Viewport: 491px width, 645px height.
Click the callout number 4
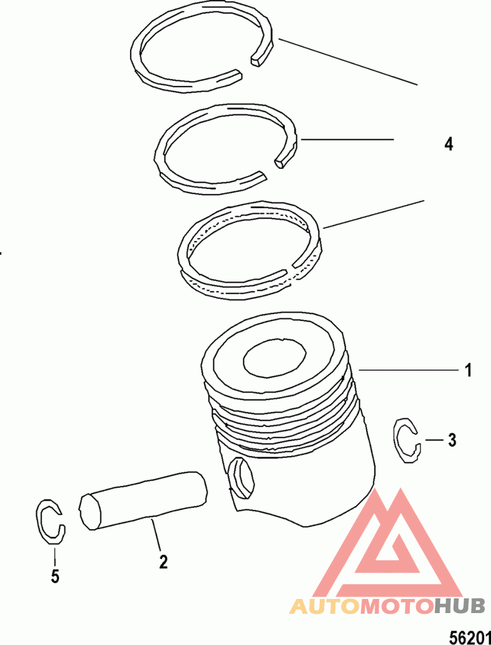coord(449,144)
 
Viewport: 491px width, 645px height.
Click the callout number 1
coord(468,370)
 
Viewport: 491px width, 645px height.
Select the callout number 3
coord(452,440)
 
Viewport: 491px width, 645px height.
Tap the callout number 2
coord(164,562)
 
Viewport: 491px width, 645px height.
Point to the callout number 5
coord(55,576)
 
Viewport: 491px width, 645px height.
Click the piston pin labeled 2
coord(142,500)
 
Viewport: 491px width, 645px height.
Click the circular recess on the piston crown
coord(275,358)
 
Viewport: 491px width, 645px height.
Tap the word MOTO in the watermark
coord(397,607)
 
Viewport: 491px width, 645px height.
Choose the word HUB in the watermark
coord(460,607)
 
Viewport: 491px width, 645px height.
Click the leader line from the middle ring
coord(347,140)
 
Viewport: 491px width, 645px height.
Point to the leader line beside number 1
coord(409,370)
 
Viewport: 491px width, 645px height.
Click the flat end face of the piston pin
coord(90,512)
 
